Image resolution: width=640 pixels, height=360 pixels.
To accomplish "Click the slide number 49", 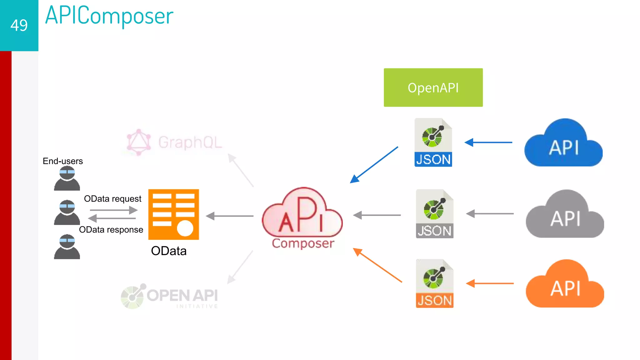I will [x=19, y=25].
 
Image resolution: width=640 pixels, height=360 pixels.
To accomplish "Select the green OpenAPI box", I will [x=433, y=87].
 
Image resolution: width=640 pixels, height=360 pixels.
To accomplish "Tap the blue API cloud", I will [x=563, y=144].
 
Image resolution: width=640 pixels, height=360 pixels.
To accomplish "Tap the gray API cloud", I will [x=565, y=216].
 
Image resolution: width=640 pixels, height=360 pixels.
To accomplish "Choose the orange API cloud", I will [x=565, y=285].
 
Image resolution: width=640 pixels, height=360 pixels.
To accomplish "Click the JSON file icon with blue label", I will [x=433, y=142].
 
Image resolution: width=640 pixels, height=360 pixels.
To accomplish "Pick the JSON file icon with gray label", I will [x=434, y=214].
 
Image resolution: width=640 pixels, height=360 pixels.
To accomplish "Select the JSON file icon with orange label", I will [x=434, y=283].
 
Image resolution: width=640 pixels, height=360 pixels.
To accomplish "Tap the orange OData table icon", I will [x=173, y=214].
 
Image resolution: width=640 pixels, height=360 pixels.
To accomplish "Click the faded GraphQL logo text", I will [x=190, y=142].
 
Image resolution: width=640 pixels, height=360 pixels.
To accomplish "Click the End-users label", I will [x=62, y=161].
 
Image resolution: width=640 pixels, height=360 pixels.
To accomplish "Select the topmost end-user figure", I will [x=67, y=178].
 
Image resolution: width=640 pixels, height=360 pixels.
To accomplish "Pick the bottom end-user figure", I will [x=67, y=247].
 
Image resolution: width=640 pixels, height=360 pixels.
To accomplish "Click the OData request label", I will [x=112, y=199].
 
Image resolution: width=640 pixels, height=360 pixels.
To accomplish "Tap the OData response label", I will [x=111, y=230].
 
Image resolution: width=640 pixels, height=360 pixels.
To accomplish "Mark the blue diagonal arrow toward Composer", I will [x=374, y=165].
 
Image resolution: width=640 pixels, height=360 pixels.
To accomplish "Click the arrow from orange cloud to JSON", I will [x=490, y=283].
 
